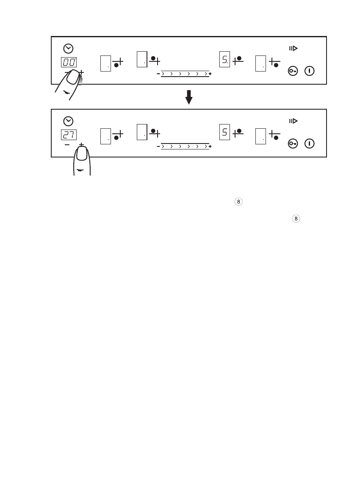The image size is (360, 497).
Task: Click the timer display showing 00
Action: point(69,62)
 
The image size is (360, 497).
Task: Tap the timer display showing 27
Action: point(69,135)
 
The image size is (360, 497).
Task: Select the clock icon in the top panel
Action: point(69,49)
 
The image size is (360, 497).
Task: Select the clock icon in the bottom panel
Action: point(69,121)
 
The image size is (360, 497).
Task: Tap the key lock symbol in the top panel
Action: point(293,71)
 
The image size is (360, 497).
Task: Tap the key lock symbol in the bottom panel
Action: point(293,144)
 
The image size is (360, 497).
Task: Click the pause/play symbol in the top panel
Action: point(293,49)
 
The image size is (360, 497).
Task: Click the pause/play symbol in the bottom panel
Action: point(293,121)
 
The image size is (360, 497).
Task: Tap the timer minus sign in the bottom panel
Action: point(67,145)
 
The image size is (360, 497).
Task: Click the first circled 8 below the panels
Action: point(239,202)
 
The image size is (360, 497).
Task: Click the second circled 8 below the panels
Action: point(296,219)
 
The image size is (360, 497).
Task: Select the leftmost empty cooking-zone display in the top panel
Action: point(105,64)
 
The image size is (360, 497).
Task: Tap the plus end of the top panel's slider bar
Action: point(210,74)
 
